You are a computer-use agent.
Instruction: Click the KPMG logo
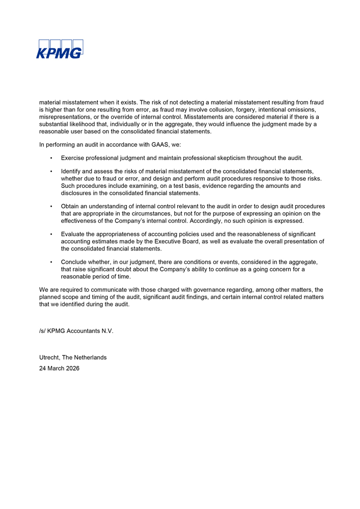tap(59, 49)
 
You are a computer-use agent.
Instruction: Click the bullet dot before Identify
tap(51, 172)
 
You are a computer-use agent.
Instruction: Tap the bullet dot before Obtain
tap(51, 206)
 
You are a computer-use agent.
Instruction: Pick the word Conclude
tap(75, 262)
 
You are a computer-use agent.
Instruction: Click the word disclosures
tap(79, 193)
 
